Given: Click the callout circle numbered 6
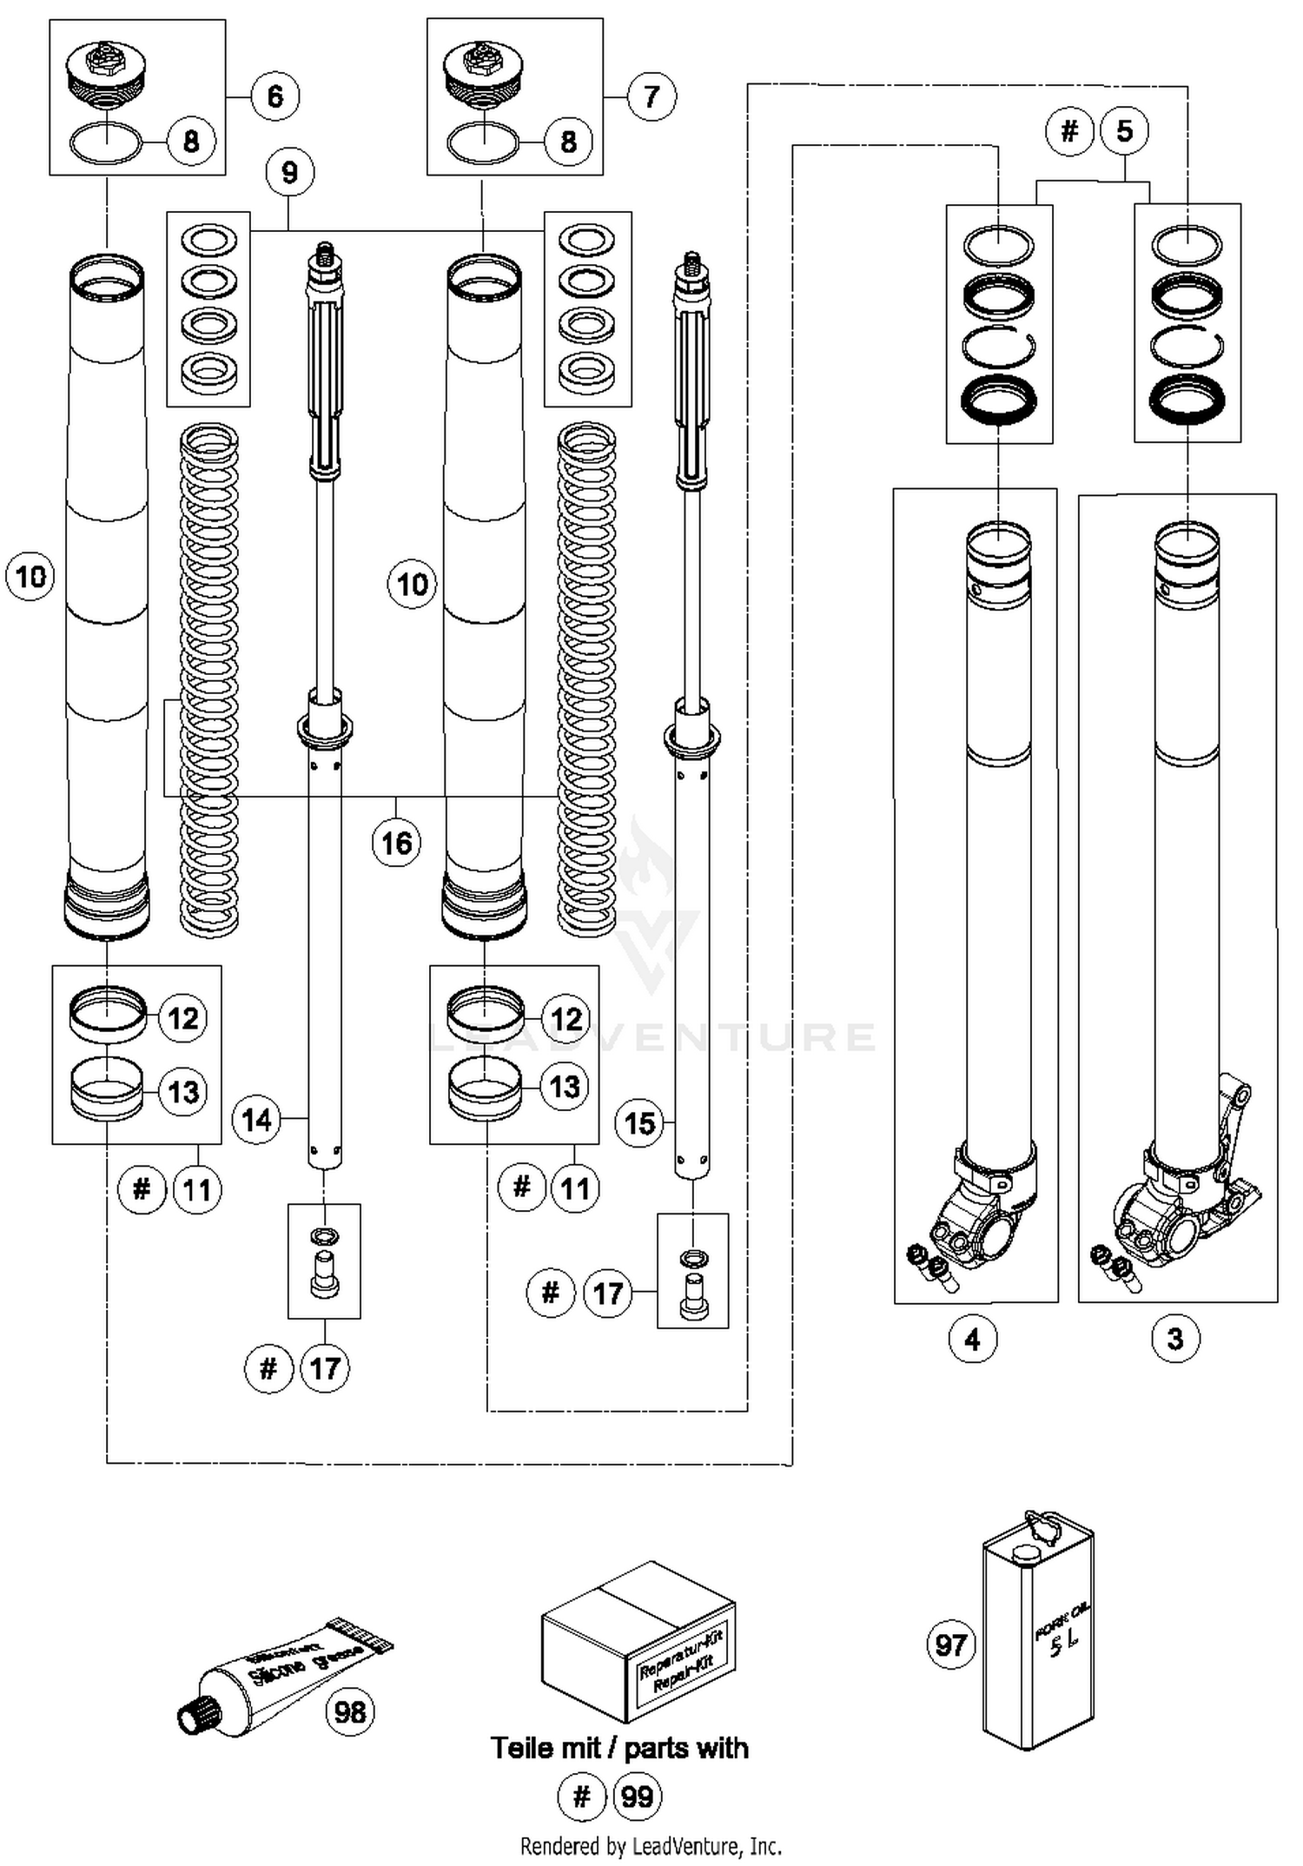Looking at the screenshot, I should coord(275,96).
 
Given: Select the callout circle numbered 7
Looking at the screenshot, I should coord(651,96).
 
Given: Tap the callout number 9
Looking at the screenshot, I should coord(290,172).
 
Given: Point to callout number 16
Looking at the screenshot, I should coord(397,842).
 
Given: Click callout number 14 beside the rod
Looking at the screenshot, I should coord(257,1119).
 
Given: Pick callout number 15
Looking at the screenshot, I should coord(639,1123).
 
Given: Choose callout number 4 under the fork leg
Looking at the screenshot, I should coord(973,1339).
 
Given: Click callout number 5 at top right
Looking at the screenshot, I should coord(1125,131).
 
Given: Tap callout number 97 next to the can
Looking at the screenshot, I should coord(951,1644).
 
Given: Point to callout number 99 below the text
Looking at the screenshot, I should coord(638,1797).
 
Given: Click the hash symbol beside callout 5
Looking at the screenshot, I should coord(1069,131).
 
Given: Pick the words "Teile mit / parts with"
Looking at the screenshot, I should coord(619,1748).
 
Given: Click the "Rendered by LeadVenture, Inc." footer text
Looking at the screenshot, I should coord(651,1845).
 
